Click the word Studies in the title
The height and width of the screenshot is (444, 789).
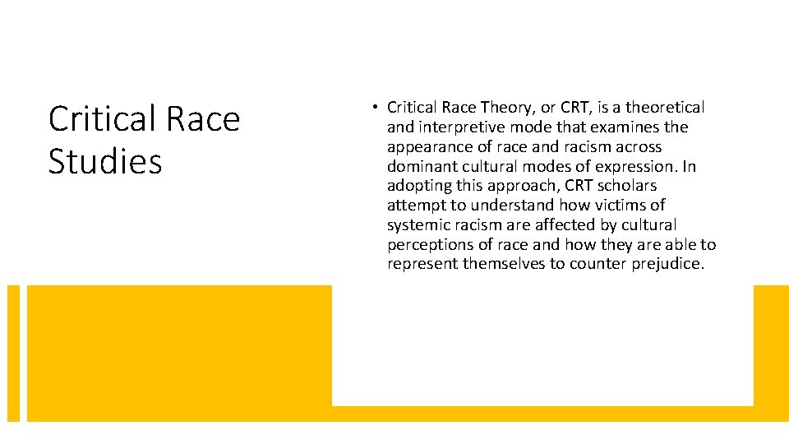click(x=105, y=162)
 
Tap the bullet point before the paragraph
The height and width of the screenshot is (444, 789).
click(x=374, y=107)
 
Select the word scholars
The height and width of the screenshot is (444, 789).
click(x=627, y=186)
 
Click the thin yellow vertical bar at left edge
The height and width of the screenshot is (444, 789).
click(x=13, y=354)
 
